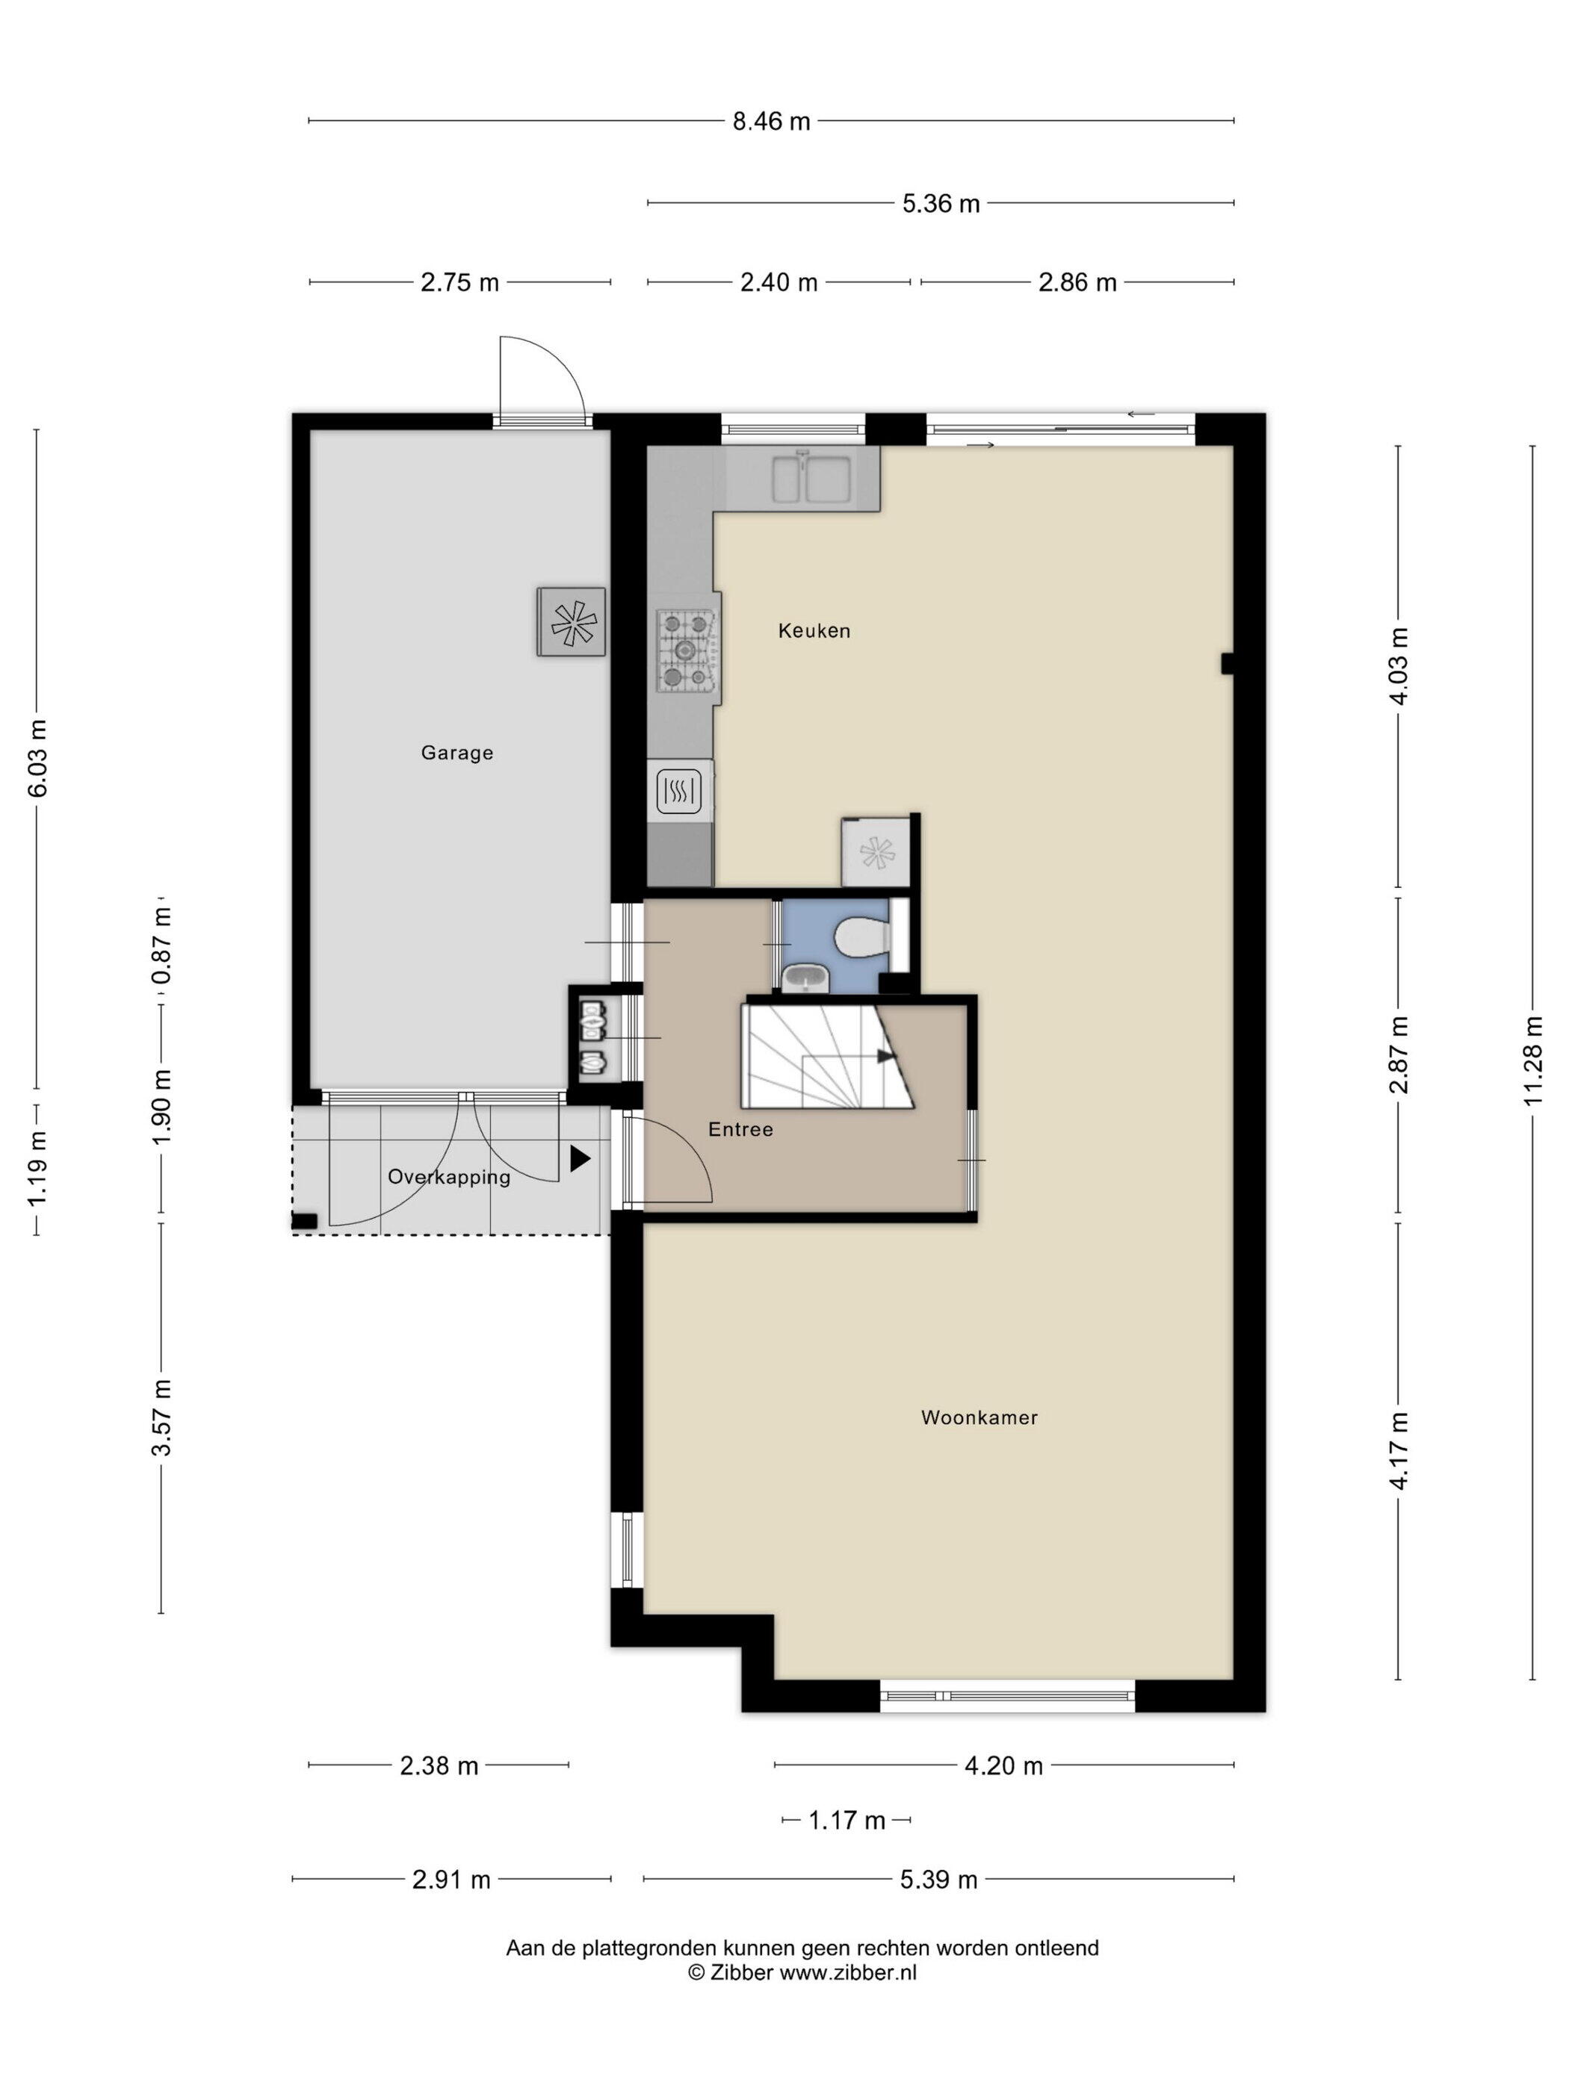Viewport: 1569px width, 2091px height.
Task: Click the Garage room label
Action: tap(457, 754)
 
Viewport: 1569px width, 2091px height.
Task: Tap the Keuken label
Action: tap(814, 630)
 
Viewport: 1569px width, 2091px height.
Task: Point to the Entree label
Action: tap(740, 1130)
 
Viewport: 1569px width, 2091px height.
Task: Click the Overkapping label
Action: tap(449, 1178)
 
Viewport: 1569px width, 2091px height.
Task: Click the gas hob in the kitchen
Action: tap(687, 650)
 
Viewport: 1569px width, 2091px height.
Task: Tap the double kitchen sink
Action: tap(814, 477)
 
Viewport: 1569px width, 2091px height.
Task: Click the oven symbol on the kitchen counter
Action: tap(679, 791)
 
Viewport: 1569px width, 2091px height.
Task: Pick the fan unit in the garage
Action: tap(572, 621)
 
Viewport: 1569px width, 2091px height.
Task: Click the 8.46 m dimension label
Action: tap(772, 122)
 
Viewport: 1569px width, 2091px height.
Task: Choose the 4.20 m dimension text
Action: tap(1003, 1766)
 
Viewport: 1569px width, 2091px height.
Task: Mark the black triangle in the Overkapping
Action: tap(580, 1159)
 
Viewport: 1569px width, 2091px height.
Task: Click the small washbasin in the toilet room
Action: tap(805, 978)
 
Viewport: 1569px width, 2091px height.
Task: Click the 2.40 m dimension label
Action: tap(779, 282)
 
